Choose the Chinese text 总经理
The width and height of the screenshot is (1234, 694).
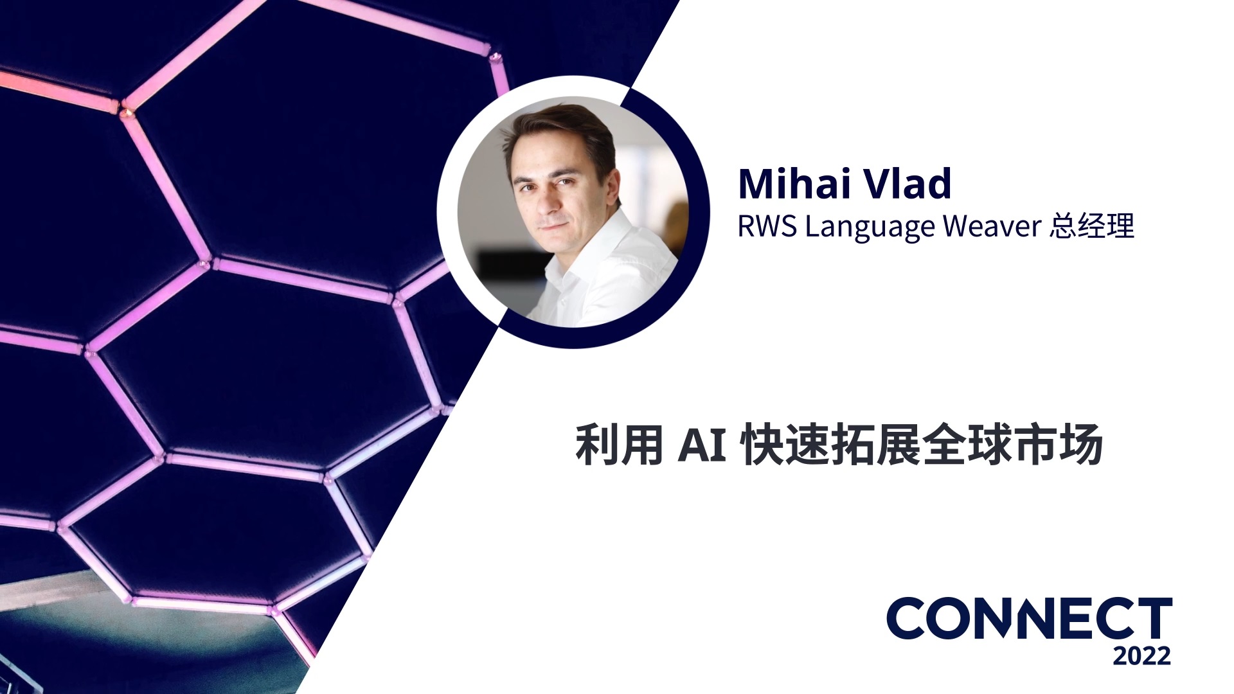(1092, 226)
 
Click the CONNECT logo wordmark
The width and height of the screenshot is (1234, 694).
(1029, 618)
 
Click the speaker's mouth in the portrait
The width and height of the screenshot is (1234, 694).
(553, 227)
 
